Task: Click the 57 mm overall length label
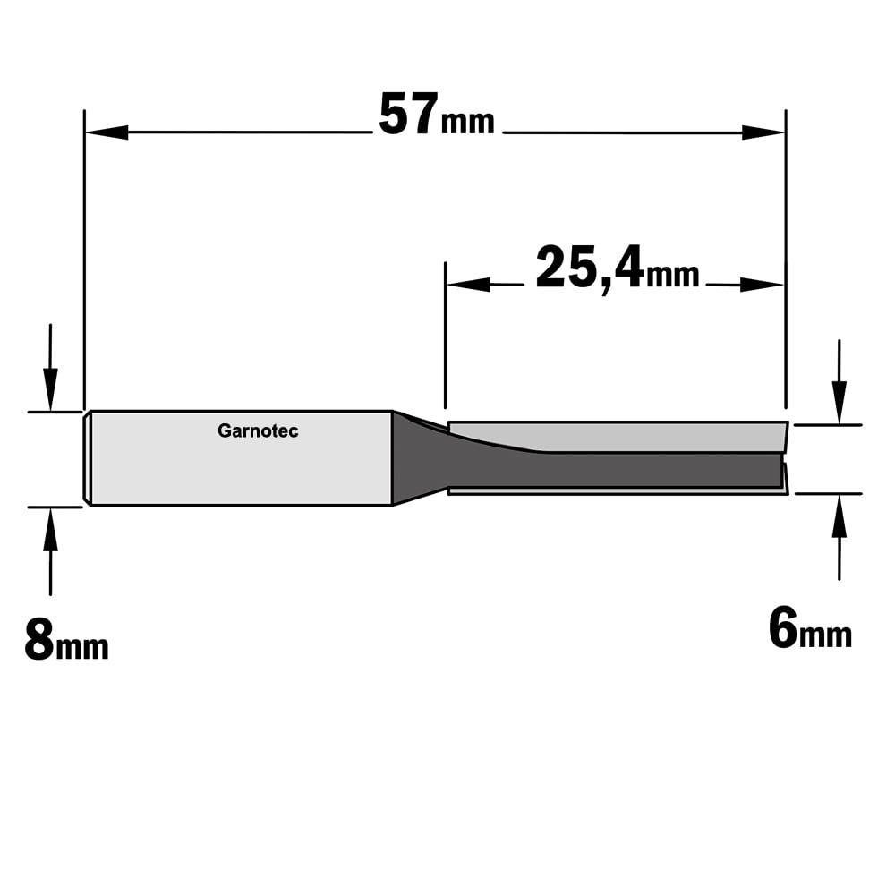click(x=437, y=115)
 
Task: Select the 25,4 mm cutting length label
click(x=617, y=268)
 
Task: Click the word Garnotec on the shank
click(x=258, y=430)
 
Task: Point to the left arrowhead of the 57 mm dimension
click(x=107, y=132)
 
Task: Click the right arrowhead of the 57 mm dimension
click(x=763, y=132)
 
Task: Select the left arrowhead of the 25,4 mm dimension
click(x=468, y=285)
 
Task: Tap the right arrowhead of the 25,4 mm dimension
click(x=762, y=285)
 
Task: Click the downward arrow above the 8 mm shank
click(x=50, y=367)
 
